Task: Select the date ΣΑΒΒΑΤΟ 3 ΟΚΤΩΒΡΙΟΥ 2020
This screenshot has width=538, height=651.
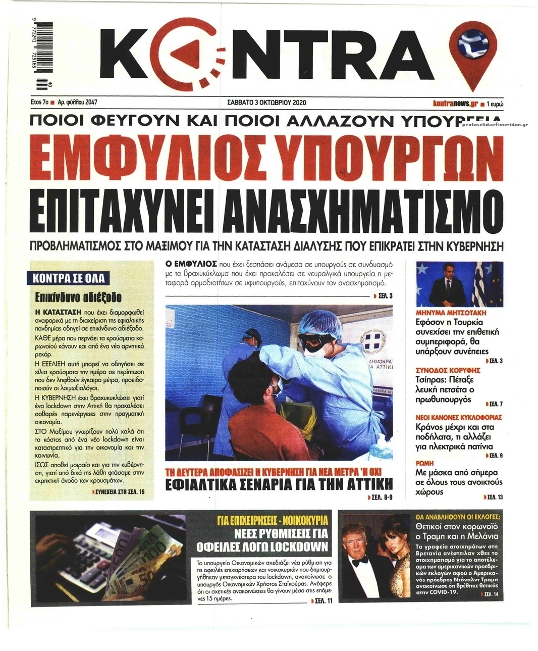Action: (x=267, y=103)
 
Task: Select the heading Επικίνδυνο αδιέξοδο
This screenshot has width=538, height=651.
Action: (x=74, y=296)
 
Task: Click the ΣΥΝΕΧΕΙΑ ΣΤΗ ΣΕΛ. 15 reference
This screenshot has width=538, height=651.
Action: (x=123, y=490)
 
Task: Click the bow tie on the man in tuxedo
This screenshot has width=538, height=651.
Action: (x=359, y=561)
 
